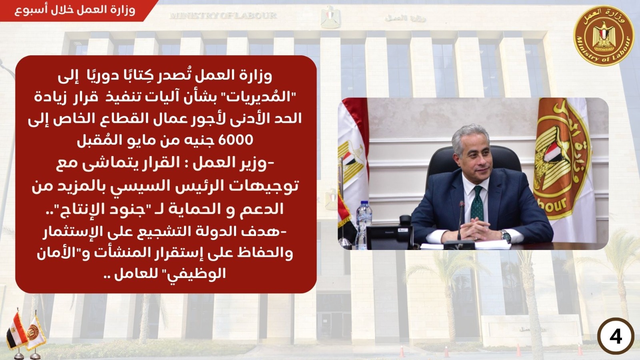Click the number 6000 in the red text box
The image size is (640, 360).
[x=236, y=140]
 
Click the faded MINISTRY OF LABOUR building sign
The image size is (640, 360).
[x=223, y=16]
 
